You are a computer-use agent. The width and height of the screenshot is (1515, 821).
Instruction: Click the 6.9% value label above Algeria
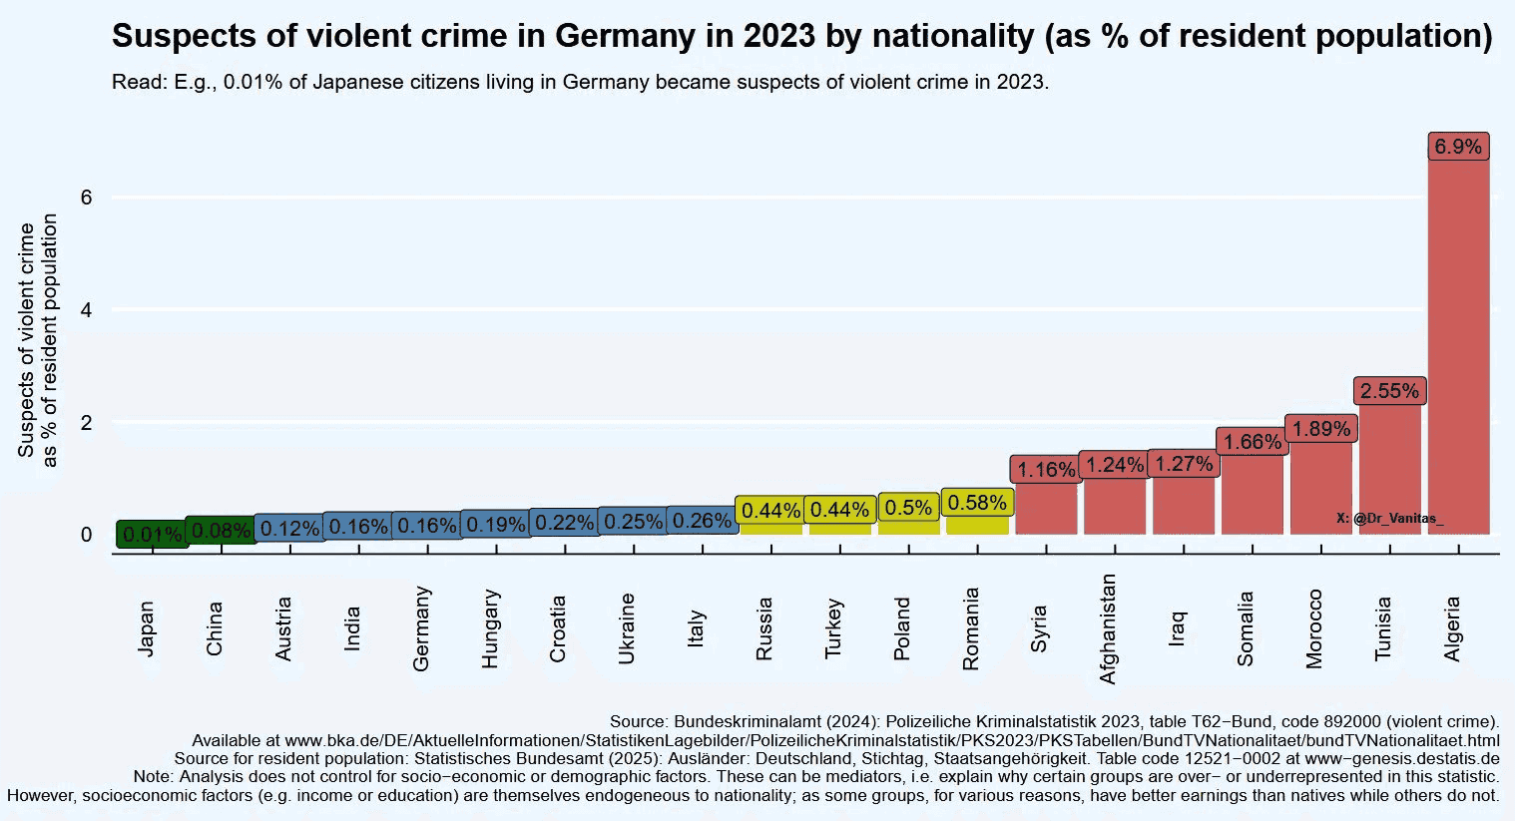1458,147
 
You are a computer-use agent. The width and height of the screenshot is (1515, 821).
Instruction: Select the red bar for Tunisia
1389,469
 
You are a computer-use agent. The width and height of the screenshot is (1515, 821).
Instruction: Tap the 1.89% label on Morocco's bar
1320,429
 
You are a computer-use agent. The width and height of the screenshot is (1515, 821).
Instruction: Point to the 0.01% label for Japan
153,535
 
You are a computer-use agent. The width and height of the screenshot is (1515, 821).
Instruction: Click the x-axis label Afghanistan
1108,628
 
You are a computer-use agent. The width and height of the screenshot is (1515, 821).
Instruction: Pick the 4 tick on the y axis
87,310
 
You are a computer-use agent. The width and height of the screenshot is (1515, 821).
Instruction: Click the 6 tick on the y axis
87,198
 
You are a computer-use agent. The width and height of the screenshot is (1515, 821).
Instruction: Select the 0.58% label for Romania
977,503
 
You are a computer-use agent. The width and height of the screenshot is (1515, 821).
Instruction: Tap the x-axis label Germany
421,628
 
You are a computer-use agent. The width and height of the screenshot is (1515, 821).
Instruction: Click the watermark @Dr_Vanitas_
1389,519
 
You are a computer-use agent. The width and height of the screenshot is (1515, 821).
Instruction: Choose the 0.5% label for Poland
908,507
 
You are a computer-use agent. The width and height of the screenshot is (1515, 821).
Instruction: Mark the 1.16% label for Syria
1046,469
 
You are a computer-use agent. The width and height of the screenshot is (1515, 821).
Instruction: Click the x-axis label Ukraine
627,628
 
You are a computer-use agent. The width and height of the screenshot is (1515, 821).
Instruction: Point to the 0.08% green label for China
222,531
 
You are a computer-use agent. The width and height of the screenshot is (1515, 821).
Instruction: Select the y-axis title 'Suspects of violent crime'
27,339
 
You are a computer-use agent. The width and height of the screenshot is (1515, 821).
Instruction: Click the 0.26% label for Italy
702,521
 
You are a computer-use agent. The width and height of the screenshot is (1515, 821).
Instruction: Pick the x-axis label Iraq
1178,628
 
